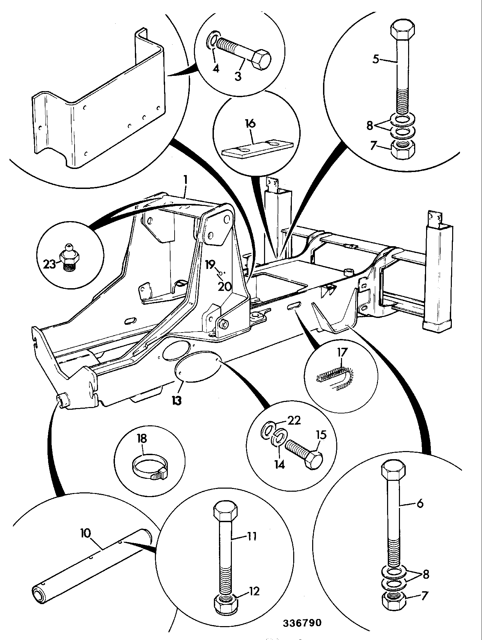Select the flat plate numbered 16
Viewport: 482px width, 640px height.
pyautogui.click(x=257, y=149)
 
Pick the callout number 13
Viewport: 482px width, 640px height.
pyautogui.click(x=177, y=401)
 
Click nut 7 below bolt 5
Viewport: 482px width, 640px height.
pyautogui.click(x=402, y=149)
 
